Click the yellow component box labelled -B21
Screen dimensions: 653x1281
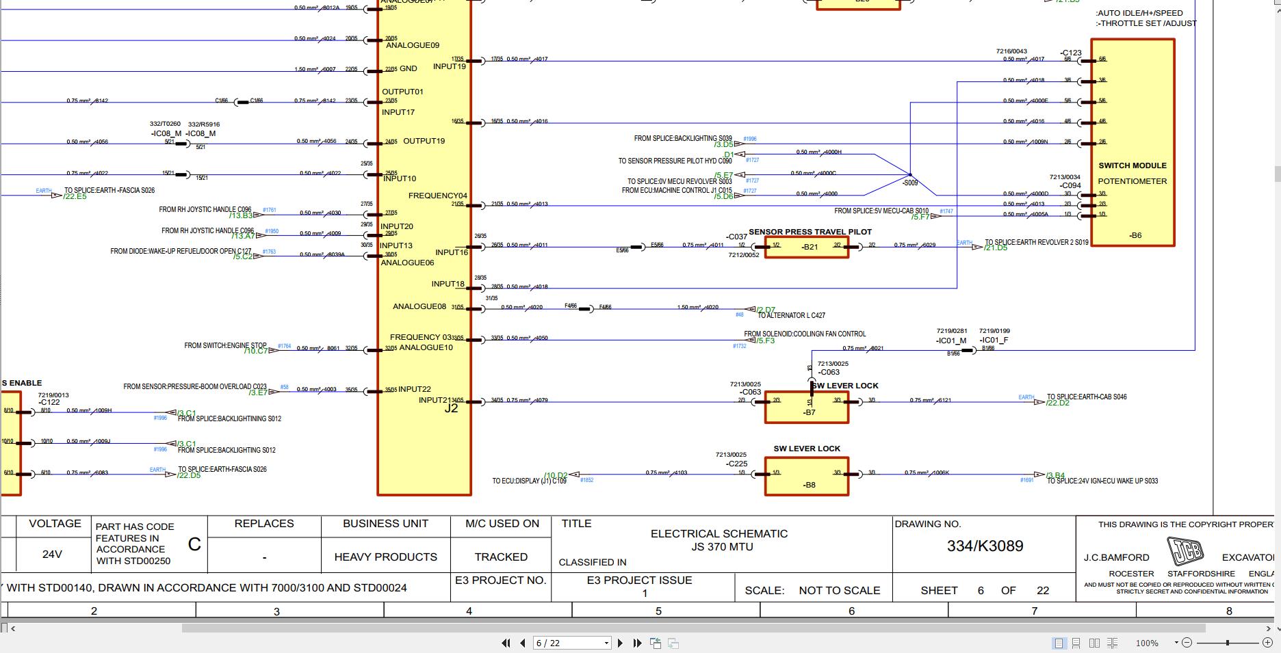[x=806, y=247]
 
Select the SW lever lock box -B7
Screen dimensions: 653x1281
[x=806, y=408]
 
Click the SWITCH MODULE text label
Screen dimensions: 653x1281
[x=1132, y=165]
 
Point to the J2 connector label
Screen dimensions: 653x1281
[x=451, y=408]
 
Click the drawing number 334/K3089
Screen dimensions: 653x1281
[x=985, y=546]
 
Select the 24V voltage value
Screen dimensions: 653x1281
[x=52, y=555]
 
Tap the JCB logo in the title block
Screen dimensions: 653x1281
[x=1185, y=551]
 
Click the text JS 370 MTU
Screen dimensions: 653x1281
[x=721, y=547]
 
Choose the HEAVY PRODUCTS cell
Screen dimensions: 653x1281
[x=385, y=557]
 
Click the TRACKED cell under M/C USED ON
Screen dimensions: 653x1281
[x=501, y=557]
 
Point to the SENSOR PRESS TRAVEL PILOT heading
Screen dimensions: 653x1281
[x=810, y=232]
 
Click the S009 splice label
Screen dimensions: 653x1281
[x=910, y=183]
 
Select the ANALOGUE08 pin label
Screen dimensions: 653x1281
[x=419, y=306]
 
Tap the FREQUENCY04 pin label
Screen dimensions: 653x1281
[x=437, y=196]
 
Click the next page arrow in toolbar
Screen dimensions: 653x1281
[x=620, y=643]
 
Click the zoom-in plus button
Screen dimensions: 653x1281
[x=1267, y=643]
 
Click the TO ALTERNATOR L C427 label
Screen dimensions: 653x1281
[x=791, y=315]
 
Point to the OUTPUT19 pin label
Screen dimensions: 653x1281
[x=424, y=141]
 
